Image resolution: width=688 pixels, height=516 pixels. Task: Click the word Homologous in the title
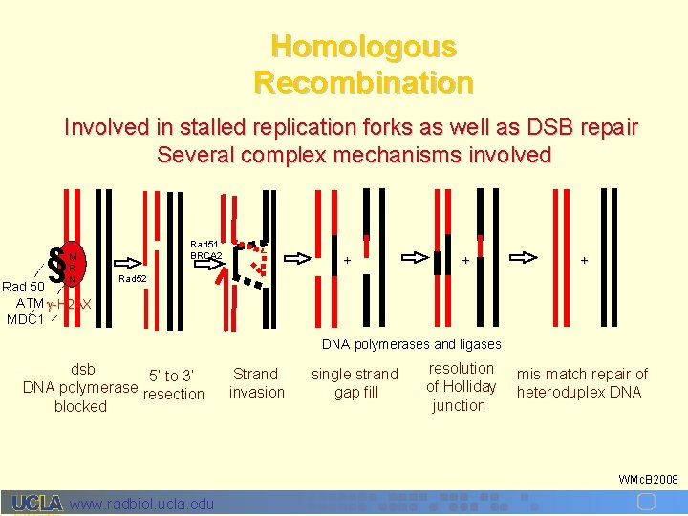[x=363, y=46]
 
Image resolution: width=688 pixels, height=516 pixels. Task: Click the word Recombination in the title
[x=363, y=82]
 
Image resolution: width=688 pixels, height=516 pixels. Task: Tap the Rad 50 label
[x=23, y=287]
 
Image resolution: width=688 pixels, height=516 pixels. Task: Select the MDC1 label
[x=24, y=318]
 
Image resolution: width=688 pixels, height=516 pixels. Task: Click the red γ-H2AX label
[x=70, y=304]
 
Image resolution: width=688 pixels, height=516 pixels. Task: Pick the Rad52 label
[x=132, y=279]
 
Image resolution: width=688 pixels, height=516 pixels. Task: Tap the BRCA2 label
[x=206, y=256]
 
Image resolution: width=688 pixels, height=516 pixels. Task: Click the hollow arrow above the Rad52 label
[x=132, y=258]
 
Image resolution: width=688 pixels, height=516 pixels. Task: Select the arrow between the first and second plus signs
[x=416, y=257]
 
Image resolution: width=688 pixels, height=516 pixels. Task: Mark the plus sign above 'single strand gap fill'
[x=347, y=259]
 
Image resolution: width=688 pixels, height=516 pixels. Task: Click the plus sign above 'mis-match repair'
[x=583, y=259]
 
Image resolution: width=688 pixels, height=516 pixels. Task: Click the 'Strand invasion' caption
[x=256, y=383]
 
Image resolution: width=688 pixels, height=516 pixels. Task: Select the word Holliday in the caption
[x=461, y=386]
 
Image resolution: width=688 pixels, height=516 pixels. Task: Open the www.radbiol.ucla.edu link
[x=143, y=504]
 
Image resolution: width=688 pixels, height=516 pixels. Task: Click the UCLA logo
[x=38, y=504]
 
